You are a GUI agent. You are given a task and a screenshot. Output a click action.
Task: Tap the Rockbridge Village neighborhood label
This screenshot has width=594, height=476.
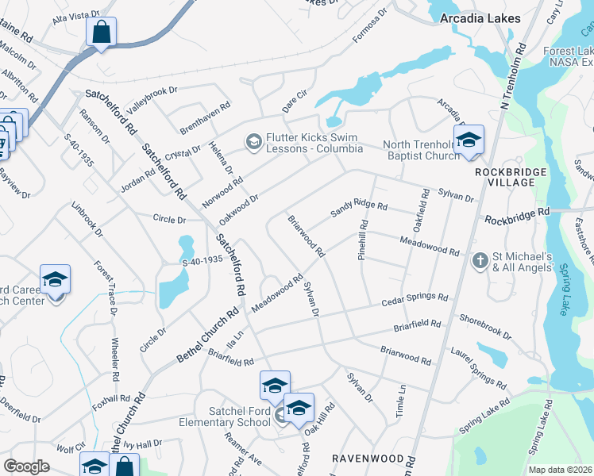[x=511, y=177]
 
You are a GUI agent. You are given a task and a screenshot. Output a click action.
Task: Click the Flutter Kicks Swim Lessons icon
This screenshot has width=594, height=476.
[x=254, y=141]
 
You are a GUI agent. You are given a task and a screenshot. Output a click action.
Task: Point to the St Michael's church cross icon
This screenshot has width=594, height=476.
[x=479, y=260]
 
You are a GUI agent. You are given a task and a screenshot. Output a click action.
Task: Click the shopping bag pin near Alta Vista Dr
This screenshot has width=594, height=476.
[x=101, y=33]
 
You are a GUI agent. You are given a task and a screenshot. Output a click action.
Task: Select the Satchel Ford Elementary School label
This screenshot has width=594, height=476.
[x=239, y=416]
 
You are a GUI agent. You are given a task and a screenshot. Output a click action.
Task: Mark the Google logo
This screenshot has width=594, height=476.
[x=26, y=466]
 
